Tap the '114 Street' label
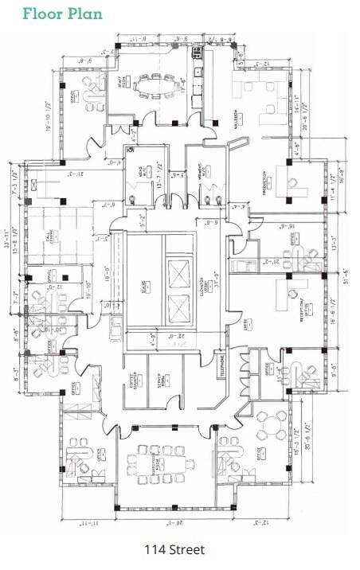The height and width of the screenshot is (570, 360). pyautogui.click(x=174, y=549)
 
